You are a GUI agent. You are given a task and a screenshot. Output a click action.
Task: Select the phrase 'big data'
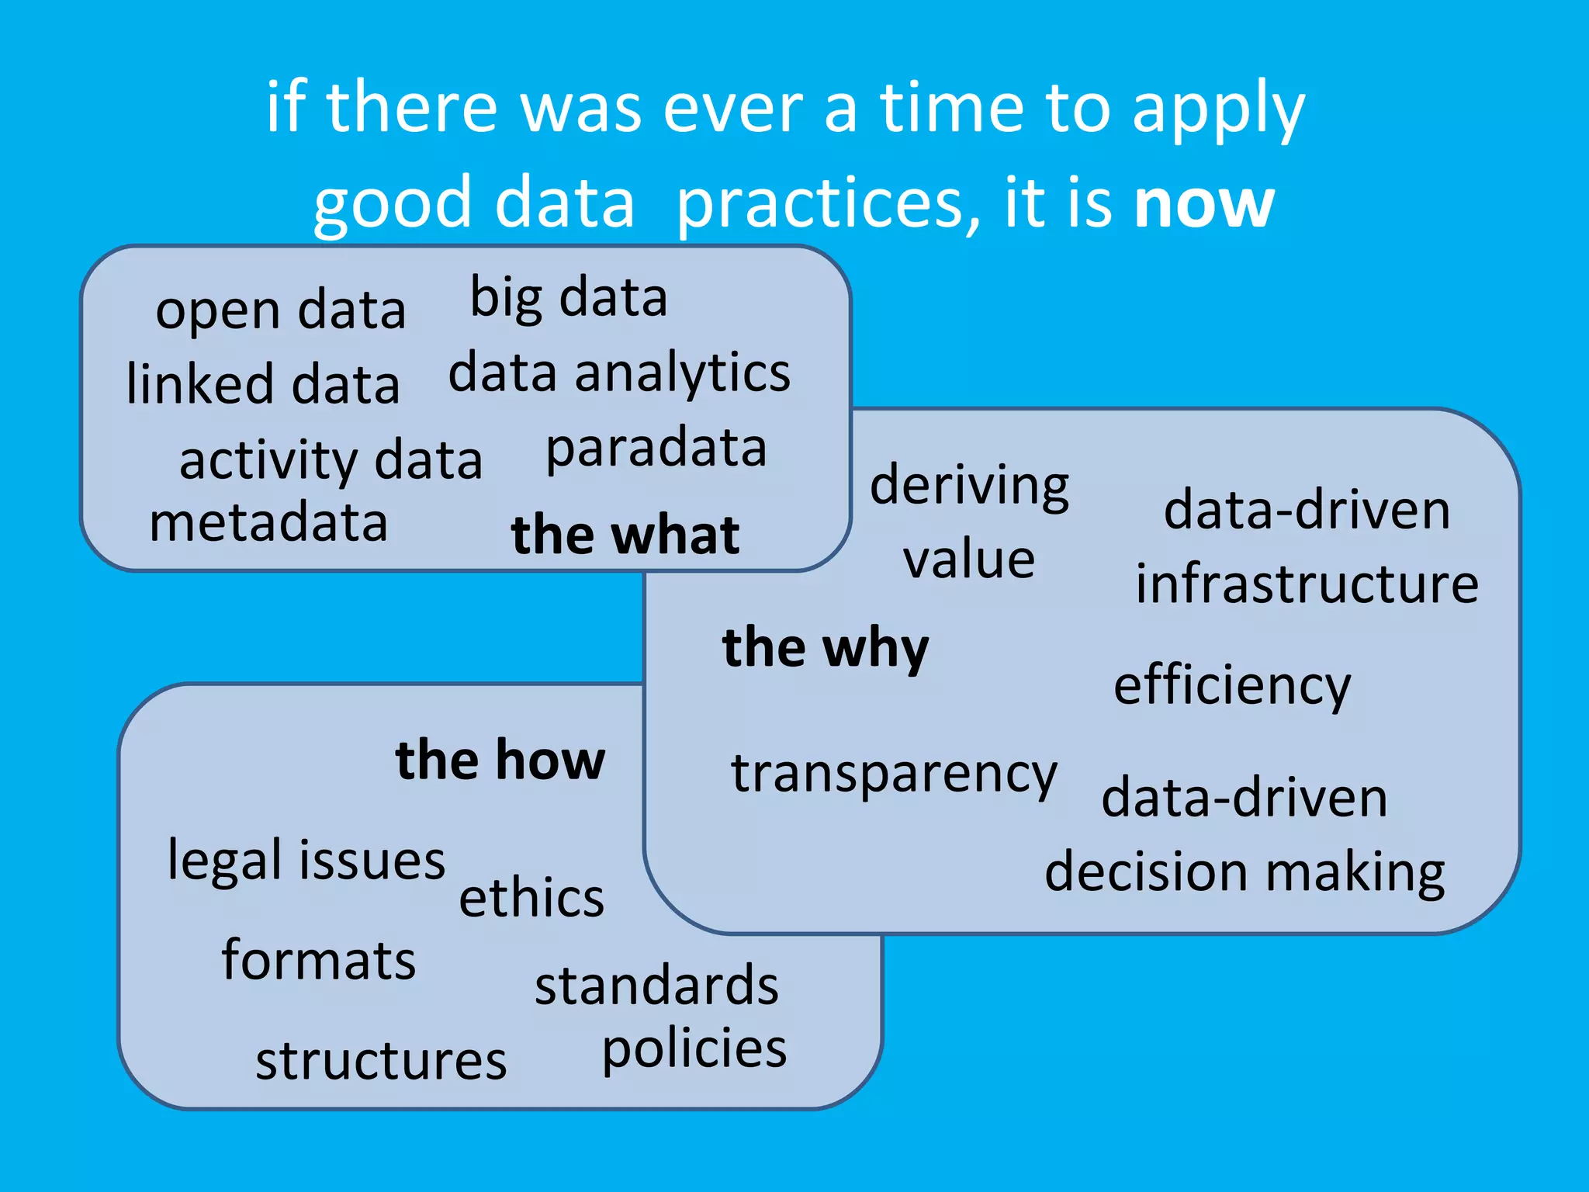(x=569, y=298)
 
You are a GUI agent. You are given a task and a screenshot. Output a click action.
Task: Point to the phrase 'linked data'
(x=263, y=383)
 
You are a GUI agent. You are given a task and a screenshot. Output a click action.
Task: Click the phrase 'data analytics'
(x=619, y=373)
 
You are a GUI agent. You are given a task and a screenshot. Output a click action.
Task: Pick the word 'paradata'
(x=656, y=448)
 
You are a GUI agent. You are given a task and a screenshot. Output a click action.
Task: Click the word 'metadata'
(x=268, y=522)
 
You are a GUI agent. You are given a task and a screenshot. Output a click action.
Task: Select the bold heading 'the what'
(x=625, y=535)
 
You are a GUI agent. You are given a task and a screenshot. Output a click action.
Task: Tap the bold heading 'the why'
(x=826, y=648)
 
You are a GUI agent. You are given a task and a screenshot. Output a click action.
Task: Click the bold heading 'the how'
(x=500, y=760)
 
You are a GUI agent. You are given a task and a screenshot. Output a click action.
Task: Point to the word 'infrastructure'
(x=1307, y=584)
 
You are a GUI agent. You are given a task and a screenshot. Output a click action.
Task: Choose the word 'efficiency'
(x=1232, y=686)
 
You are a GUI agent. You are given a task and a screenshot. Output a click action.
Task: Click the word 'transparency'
(x=894, y=774)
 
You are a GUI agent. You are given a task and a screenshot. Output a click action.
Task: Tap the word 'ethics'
(x=531, y=897)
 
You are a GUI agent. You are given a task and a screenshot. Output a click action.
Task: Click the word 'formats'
(x=318, y=960)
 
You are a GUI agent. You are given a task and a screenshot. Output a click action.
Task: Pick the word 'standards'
(x=656, y=986)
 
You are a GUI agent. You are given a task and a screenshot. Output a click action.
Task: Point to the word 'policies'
(x=694, y=1048)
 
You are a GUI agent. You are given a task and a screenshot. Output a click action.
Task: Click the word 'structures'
(x=381, y=1061)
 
